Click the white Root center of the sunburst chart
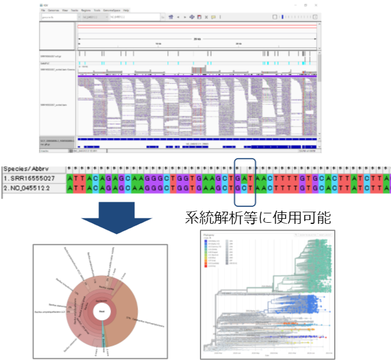tap(102, 311)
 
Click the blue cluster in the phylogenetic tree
tap(306, 303)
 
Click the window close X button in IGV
tap(316, 4)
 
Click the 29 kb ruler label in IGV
tap(197, 39)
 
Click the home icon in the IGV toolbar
tap(172, 17)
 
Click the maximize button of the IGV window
tap(306, 4)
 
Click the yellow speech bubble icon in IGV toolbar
tap(213, 17)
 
